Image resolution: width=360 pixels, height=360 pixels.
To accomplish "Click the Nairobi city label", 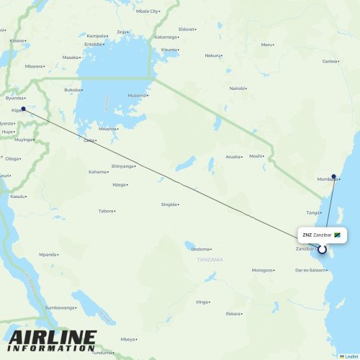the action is [237, 88].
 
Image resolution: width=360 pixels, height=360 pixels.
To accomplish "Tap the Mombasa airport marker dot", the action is [333, 176].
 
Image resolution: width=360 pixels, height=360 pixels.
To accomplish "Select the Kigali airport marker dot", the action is [23, 109].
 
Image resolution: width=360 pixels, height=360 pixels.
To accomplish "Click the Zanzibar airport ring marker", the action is [322, 250].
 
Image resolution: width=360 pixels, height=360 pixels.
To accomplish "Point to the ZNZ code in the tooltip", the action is [307, 235].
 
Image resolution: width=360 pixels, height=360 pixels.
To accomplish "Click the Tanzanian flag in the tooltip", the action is [337, 235].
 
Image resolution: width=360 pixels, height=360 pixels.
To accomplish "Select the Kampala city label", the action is [96, 35].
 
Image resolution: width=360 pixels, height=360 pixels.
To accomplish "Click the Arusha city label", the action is [233, 156].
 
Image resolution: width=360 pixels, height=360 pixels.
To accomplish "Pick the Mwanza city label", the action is [107, 128].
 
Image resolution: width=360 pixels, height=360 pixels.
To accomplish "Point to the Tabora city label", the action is [107, 211].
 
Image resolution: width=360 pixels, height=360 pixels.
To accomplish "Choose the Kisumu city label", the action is [169, 49].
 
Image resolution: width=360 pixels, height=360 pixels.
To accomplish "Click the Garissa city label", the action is [330, 61].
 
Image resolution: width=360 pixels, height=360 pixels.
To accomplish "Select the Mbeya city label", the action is [128, 338].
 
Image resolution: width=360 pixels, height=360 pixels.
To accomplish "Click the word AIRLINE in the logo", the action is [52, 337].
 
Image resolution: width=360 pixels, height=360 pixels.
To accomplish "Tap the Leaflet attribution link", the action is [349, 356].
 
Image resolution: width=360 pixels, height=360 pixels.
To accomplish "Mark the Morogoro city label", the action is [261, 270].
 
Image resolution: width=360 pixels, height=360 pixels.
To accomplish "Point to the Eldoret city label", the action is [186, 29].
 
